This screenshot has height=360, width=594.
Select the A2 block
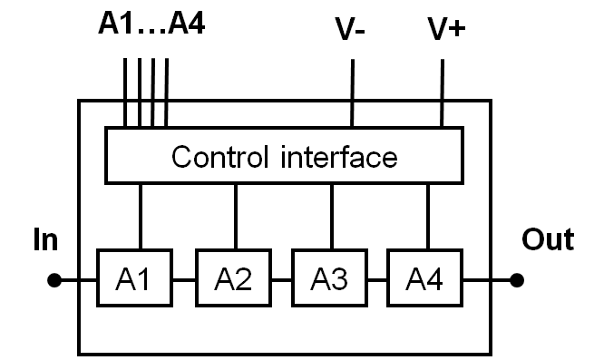[x=234, y=280]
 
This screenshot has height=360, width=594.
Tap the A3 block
[x=330, y=280]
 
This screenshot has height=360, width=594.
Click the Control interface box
[x=283, y=156]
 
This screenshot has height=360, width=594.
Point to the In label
[x=45, y=240]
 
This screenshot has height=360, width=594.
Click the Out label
[x=548, y=240]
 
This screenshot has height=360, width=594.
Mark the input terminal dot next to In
[x=54, y=281]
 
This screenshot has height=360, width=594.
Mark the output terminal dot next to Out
[x=518, y=281]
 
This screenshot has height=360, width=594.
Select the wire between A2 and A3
[x=281, y=281]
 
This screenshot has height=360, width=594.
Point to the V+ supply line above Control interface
[x=442, y=91]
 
